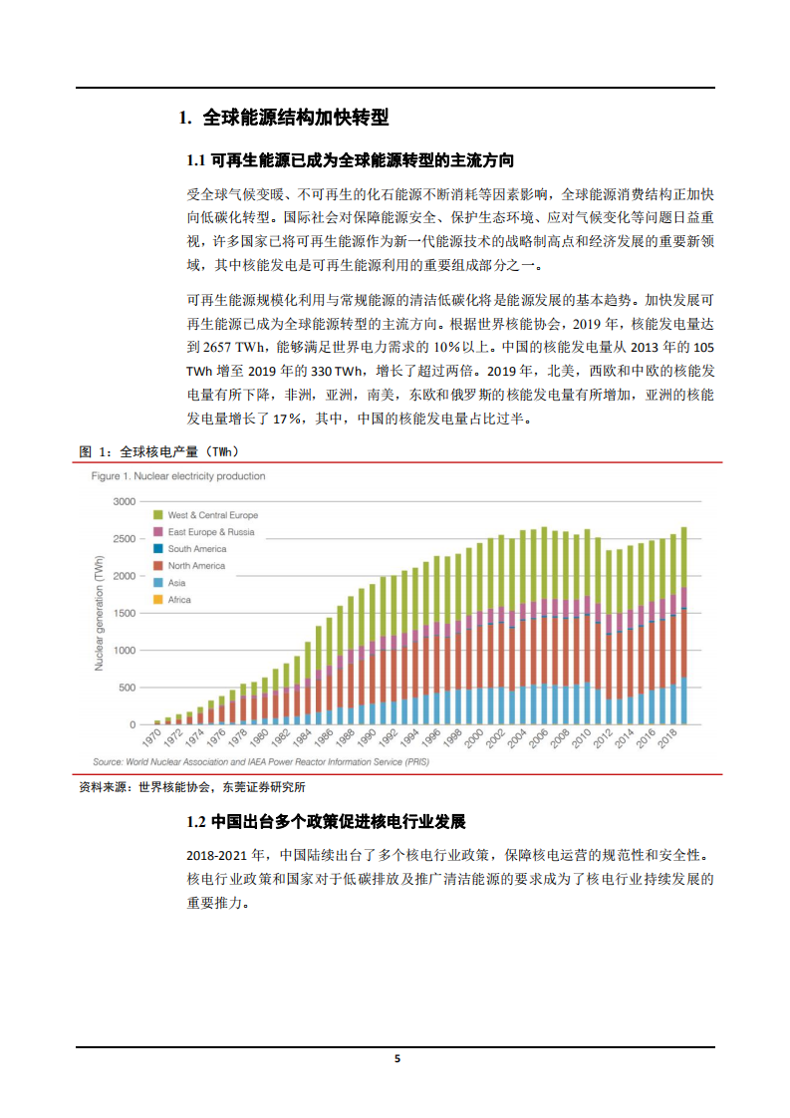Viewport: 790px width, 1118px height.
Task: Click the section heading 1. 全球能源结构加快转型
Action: click(283, 118)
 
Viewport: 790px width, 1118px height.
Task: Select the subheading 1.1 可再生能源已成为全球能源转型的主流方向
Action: click(351, 160)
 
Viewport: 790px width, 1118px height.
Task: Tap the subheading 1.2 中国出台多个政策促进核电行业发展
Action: click(326, 822)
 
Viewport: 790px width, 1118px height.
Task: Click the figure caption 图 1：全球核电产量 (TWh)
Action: click(158, 451)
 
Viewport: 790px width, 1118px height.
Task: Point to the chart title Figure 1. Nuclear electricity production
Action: click(178, 476)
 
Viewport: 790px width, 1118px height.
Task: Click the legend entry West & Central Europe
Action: click(212, 515)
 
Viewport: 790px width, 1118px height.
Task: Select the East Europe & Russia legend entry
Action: click(210, 532)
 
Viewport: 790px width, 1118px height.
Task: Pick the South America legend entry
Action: click(196, 549)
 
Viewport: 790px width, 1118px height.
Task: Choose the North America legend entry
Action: click(196, 566)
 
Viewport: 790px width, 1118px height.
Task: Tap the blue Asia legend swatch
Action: click(157, 583)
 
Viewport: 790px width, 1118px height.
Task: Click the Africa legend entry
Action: click(178, 600)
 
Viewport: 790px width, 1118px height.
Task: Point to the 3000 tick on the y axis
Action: click(123, 501)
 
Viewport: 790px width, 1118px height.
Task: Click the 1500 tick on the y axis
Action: click(123, 613)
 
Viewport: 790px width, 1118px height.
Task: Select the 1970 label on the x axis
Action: click(151, 738)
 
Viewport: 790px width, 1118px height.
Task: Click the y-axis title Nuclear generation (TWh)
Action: click(99, 613)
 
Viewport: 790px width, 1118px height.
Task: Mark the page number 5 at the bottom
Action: click(396, 1059)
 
